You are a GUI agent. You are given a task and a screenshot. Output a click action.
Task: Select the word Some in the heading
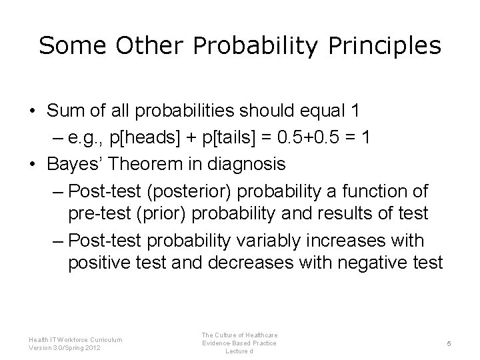pos(73,45)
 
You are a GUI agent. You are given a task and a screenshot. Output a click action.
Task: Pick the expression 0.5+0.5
pos(312,137)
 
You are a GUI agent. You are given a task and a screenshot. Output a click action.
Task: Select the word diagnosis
pos(253,162)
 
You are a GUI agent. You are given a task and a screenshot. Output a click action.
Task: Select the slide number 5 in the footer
pos(449,343)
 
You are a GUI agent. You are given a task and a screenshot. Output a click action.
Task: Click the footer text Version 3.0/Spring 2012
pos(65,347)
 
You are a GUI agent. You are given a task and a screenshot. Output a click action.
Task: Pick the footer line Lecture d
pos(240,351)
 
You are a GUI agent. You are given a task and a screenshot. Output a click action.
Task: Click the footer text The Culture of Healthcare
pos(240,334)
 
